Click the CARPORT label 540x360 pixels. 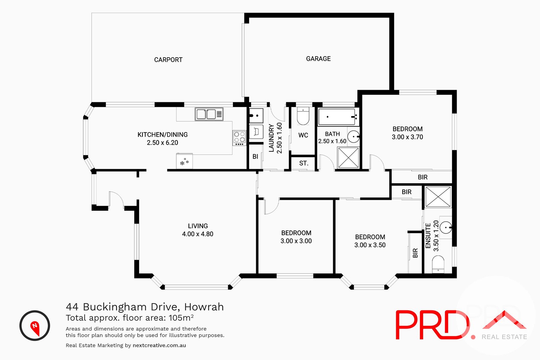[x=168, y=60]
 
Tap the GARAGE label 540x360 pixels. [x=318, y=59]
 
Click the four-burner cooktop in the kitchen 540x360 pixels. [x=239, y=138]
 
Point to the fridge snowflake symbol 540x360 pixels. [x=184, y=162]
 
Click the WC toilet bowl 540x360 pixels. [x=303, y=117]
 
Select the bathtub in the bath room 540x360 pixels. [x=336, y=117]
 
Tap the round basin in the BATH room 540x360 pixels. [x=354, y=137]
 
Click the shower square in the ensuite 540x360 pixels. [x=438, y=197]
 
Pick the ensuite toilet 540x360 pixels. [x=438, y=264]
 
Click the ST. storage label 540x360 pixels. [x=304, y=163]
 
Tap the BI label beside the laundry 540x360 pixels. [x=255, y=157]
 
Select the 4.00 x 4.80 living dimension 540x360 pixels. [x=198, y=234]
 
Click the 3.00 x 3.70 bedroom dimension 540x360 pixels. [x=407, y=137]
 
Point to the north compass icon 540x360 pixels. [x=35, y=326]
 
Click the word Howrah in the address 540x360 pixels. [x=204, y=307]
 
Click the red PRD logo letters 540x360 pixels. [x=432, y=325]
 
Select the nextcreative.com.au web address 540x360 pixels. [x=159, y=345]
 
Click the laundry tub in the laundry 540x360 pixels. [x=256, y=116]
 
